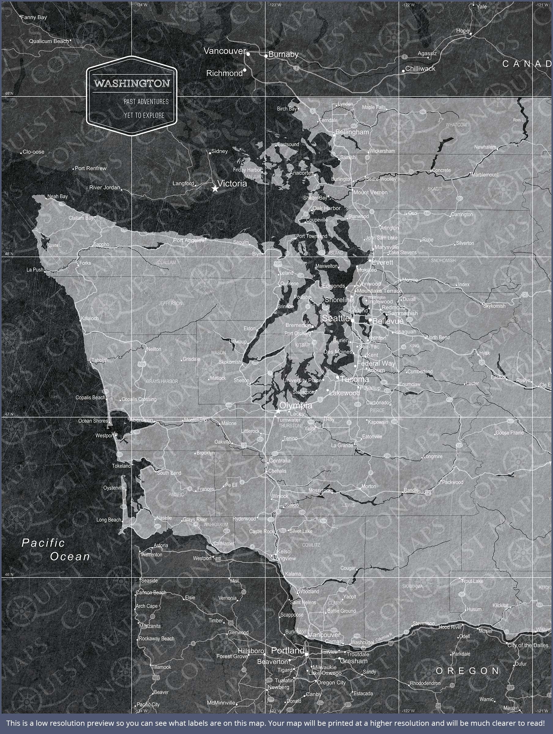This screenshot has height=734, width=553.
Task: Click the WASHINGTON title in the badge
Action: click(x=132, y=83)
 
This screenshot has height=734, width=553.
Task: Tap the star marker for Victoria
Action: click(x=215, y=189)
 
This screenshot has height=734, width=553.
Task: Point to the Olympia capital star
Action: click(x=278, y=411)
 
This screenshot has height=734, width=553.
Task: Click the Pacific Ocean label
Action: click(x=56, y=550)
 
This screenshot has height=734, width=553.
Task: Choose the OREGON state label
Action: click(x=467, y=671)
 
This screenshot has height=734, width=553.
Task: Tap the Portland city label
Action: click(x=288, y=651)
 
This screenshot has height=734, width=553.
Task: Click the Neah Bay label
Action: click(x=58, y=196)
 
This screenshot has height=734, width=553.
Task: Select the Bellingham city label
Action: click(x=352, y=132)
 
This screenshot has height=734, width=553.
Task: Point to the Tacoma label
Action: click(x=354, y=379)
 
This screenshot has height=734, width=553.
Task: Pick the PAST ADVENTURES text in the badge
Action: click(x=146, y=102)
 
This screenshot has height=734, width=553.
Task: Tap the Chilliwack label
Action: click(x=420, y=69)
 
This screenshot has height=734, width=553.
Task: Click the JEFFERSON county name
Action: click(x=170, y=303)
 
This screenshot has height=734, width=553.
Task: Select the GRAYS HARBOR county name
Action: click(x=162, y=381)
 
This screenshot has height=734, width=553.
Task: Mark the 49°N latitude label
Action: click(x=9, y=94)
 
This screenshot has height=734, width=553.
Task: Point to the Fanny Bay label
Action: click(x=34, y=17)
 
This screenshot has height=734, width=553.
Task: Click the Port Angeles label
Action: click(x=188, y=240)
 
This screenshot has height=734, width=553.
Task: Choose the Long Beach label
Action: click(x=109, y=520)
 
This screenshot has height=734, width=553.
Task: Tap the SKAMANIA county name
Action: click(x=413, y=586)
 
